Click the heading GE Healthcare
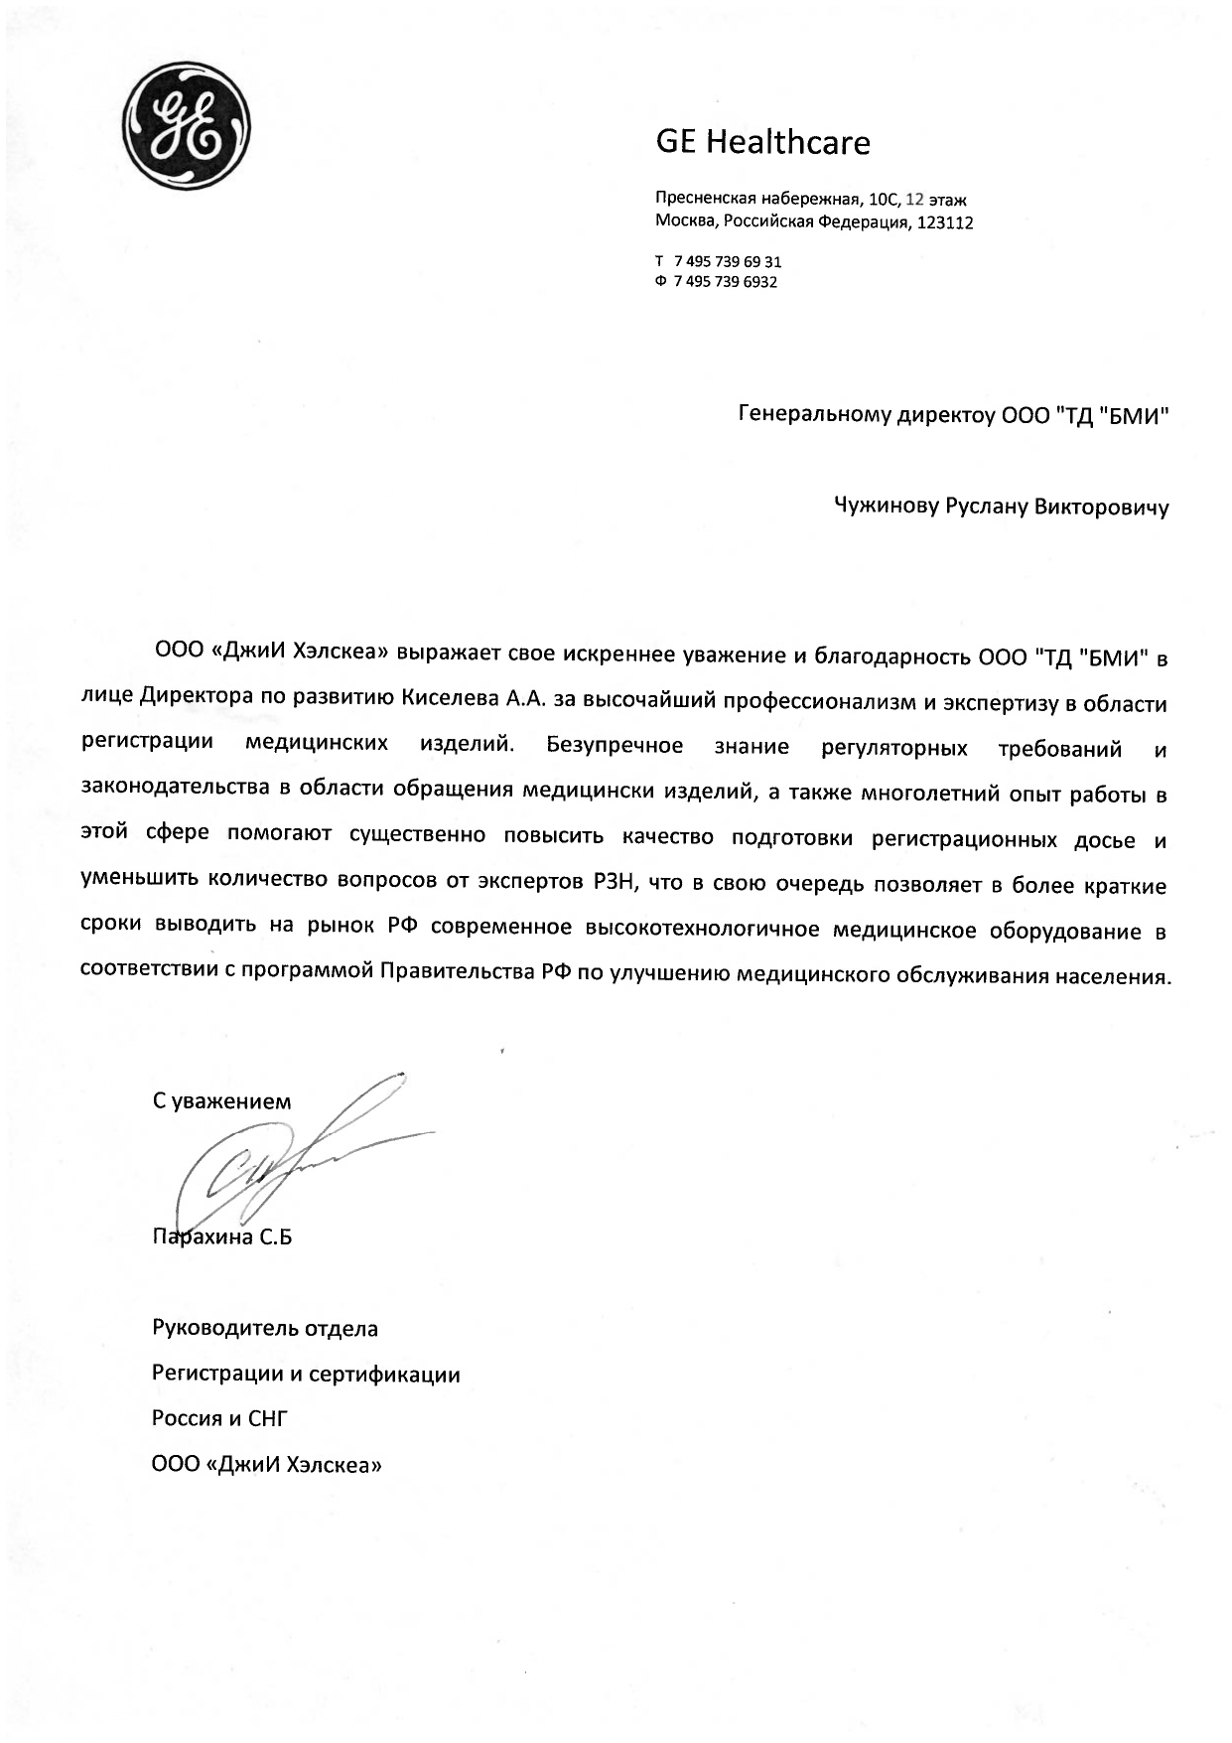click(x=762, y=143)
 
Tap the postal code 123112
click(x=945, y=223)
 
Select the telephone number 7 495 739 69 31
click(x=727, y=262)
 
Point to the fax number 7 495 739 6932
click(x=725, y=282)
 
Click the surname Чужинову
click(x=883, y=508)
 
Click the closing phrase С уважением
click(x=221, y=1101)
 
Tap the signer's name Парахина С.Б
click(x=221, y=1237)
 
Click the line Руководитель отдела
click(x=264, y=1328)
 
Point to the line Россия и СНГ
click(x=218, y=1418)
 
